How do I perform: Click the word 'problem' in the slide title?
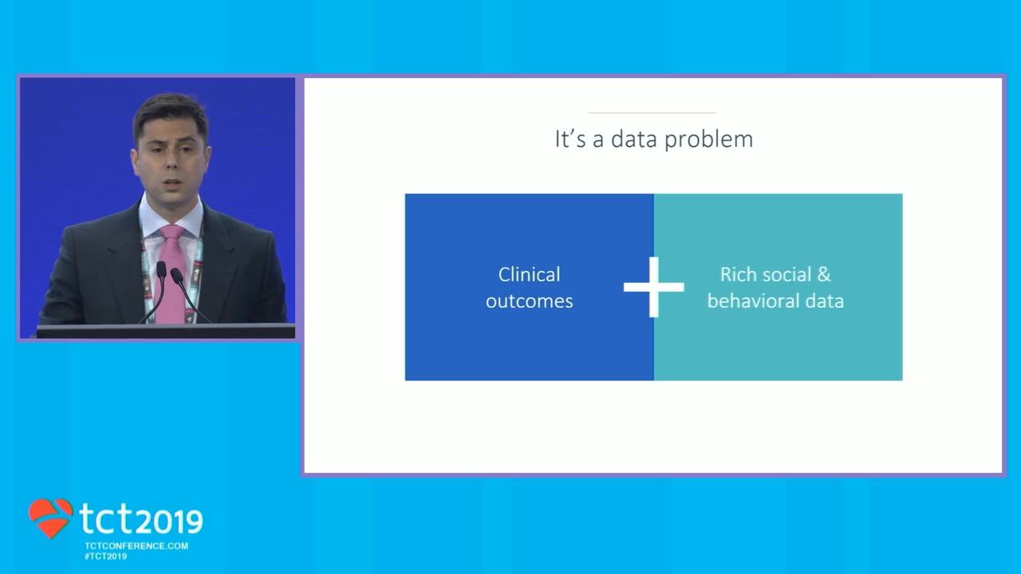708,140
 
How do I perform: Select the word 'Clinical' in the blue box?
529,274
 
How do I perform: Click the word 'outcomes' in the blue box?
529,301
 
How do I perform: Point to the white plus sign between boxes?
653,287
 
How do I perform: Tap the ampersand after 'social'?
824,274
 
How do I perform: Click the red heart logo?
50,518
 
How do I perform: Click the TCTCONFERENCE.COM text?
136,546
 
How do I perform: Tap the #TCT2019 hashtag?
106,556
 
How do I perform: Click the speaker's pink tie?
171,273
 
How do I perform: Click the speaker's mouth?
171,183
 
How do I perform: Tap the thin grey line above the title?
652,112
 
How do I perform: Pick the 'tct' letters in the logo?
107,518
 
